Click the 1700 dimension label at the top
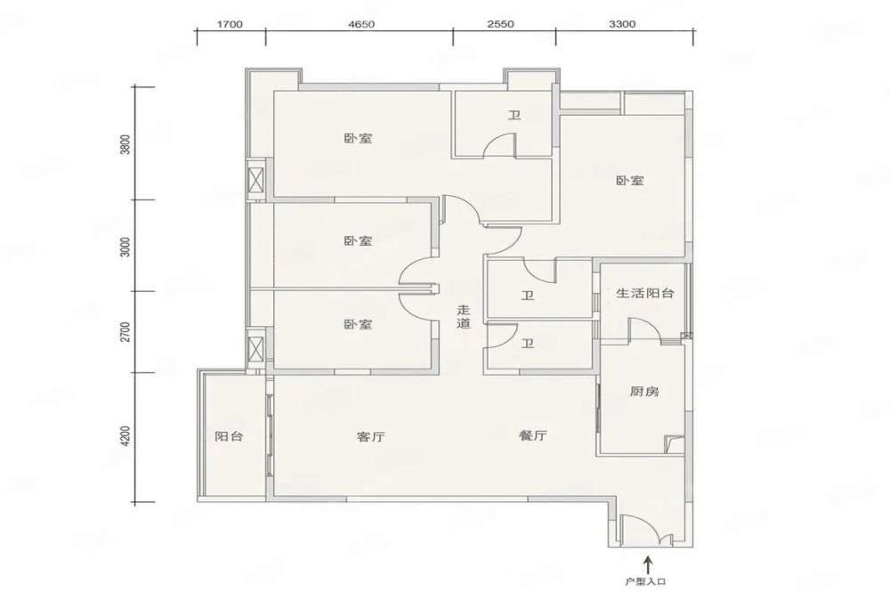[x=230, y=24]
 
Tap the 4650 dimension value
[x=361, y=24]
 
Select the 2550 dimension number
[x=500, y=24]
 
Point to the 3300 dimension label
[x=622, y=24]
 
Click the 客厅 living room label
[x=370, y=437]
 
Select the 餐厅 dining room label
[x=533, y=435]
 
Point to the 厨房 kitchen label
[x=644, y=392]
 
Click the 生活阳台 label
[x=645, y=293]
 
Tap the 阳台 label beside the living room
[x=230, y=436]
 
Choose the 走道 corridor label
[x=465, y=317]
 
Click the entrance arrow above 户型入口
[x=646, y=565]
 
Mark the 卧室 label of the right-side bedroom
[x=630, y=182]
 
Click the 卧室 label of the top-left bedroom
[x=358, y=138]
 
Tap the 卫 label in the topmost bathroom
[x=514, y=116]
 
